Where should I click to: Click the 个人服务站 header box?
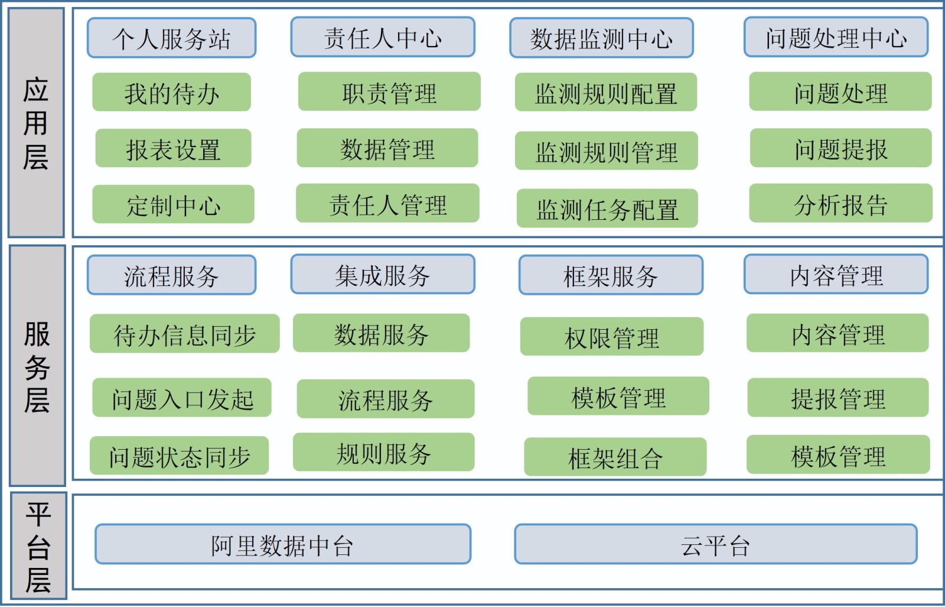[171, 38]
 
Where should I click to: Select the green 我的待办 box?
[171, 92]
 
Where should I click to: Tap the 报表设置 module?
[173, 148]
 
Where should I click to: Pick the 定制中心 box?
[173, 205]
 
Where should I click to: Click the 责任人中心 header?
[383, 37]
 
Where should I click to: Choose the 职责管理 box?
[389, 92]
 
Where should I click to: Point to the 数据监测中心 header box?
[601, 38]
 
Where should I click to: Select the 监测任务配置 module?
[607, 209]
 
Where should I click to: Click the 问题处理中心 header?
[836, 37]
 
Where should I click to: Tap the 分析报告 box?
[840, 204]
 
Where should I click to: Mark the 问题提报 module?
[840, 148]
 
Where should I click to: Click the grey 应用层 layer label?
[36, 123]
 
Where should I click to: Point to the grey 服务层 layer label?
[37, 366]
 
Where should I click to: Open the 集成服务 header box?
[383, 274]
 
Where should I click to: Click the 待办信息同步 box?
[184, 334]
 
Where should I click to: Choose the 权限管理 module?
[611, 337]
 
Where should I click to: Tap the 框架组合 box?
[615, 457]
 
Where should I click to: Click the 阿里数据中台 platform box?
[283, 544]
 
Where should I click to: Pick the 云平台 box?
[715, 544]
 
